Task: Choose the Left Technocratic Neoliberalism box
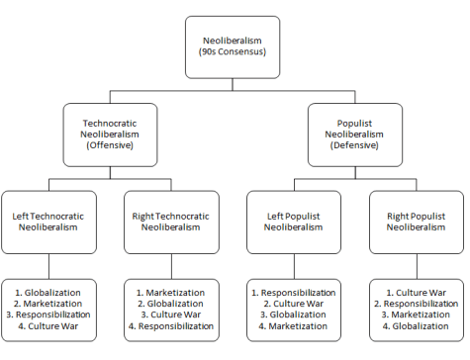pos(48,219)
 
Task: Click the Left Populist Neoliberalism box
pos(295,219)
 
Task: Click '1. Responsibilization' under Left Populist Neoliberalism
pos(296,293)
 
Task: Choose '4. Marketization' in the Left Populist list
pos(296,325)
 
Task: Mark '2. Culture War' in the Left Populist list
pos(296,304)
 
